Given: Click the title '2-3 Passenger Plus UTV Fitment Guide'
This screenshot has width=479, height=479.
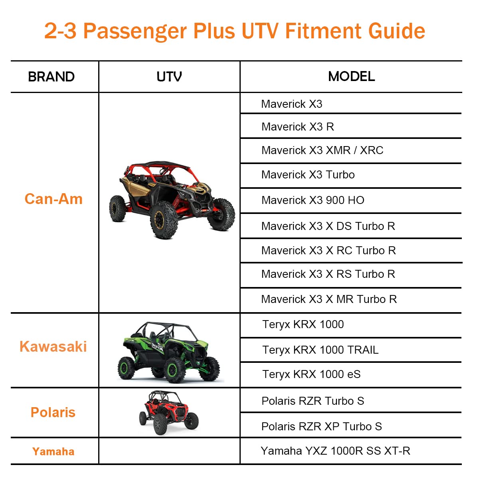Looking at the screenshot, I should [235, 31].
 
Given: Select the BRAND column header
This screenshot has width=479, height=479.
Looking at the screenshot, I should [51, 77].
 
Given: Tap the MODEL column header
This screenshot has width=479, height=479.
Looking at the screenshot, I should [351, 76].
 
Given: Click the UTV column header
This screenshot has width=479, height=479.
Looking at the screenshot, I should [169, 77].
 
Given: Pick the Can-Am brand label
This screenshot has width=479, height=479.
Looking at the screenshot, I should [53, 199].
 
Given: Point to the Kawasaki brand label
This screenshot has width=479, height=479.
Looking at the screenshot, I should [53, 346].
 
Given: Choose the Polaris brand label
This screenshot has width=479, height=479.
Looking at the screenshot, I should [53, 412].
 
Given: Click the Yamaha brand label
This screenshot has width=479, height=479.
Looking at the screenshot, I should [53, 451].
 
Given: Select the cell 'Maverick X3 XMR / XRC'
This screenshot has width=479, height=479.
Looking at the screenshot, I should [322, 150].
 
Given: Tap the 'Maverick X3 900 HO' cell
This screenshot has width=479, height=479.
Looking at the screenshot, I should [313, 200].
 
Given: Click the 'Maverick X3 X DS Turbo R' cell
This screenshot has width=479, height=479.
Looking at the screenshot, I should [328, 226].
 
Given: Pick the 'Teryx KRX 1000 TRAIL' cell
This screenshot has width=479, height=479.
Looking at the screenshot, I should [320, 350].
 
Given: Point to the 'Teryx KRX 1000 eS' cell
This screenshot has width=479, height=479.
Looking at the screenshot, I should [311, 374].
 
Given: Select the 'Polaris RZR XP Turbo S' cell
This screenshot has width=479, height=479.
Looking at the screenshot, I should [321, 427].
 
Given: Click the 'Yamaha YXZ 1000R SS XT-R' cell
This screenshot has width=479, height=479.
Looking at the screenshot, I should [335, 451].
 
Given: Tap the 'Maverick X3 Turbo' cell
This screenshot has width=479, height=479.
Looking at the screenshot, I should [308, 175].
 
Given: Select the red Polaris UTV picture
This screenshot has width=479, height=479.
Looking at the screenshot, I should [168, 413].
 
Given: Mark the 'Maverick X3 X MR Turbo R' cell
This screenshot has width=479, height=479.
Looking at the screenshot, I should [329, 299].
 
